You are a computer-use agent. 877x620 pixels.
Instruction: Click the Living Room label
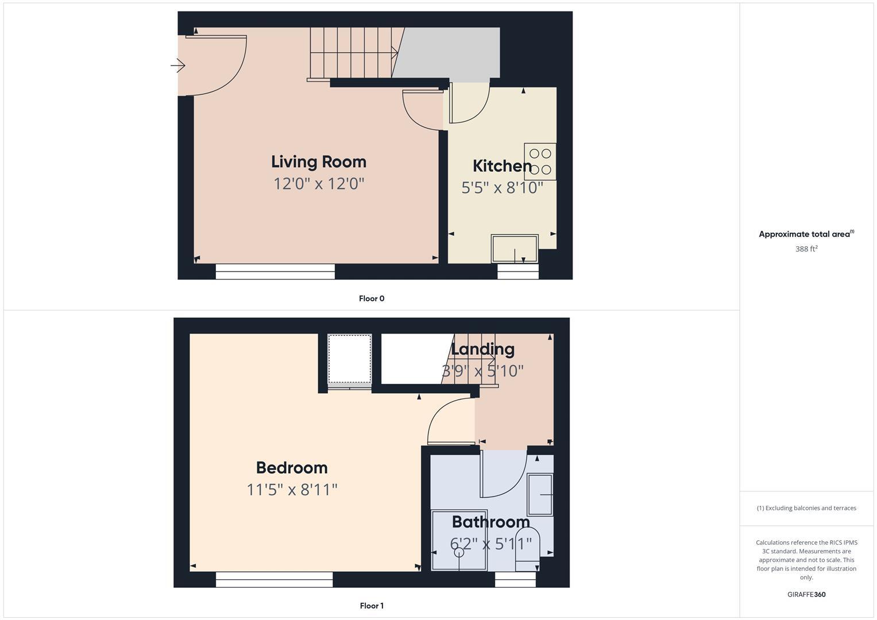coord(319,162)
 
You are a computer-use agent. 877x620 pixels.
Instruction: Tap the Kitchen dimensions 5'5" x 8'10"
coord(502,188)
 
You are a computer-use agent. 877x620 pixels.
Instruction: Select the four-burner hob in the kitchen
coord(540,161)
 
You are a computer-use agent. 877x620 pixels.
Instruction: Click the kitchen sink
coord(514,248)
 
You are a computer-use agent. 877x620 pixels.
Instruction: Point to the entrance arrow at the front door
coord(178,66)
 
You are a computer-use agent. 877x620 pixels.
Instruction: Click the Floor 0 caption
coord(372,299)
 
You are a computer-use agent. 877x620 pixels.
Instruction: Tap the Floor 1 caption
coord(372,606)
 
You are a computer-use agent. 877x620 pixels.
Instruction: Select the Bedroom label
coord(292,468)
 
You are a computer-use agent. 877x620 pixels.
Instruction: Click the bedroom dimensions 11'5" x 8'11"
coord(292,490)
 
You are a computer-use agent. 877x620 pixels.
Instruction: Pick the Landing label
coord(482,349)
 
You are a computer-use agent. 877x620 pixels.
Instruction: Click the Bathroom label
coord(490,522)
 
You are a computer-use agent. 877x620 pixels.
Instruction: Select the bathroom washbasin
coord(540,494)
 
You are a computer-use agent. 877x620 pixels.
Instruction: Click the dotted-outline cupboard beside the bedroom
coord(349,358)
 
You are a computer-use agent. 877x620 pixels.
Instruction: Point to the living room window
coord(275,272)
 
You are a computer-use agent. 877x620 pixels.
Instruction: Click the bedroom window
coord(274,579)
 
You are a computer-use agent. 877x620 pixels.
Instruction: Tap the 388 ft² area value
coord(806,249)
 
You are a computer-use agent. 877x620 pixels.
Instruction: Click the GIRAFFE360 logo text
coord(806,595)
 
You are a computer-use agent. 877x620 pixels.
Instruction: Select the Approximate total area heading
coord(806,234)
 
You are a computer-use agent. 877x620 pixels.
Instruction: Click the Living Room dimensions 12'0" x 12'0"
coord(319,184)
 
